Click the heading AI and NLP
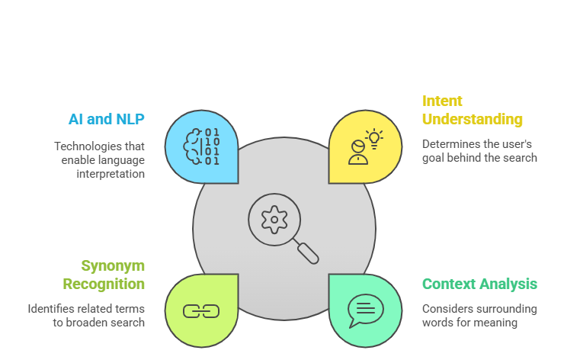[x=105, y=119]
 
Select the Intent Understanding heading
[x=473, y=110]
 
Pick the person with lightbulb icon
[x=364, y=147]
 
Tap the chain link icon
[x=201, y=310]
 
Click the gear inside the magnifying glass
[x=274, y=219]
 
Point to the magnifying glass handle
[x=307, y=252]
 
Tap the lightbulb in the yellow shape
[x=373, y=137]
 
